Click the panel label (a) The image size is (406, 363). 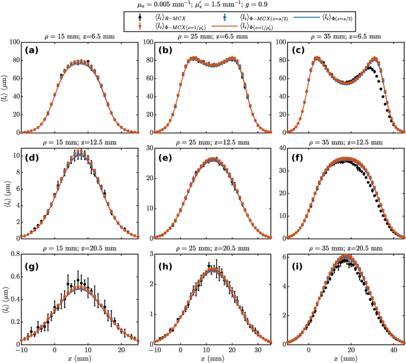tap(31, 50)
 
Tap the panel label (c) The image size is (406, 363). tap(298, 50)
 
